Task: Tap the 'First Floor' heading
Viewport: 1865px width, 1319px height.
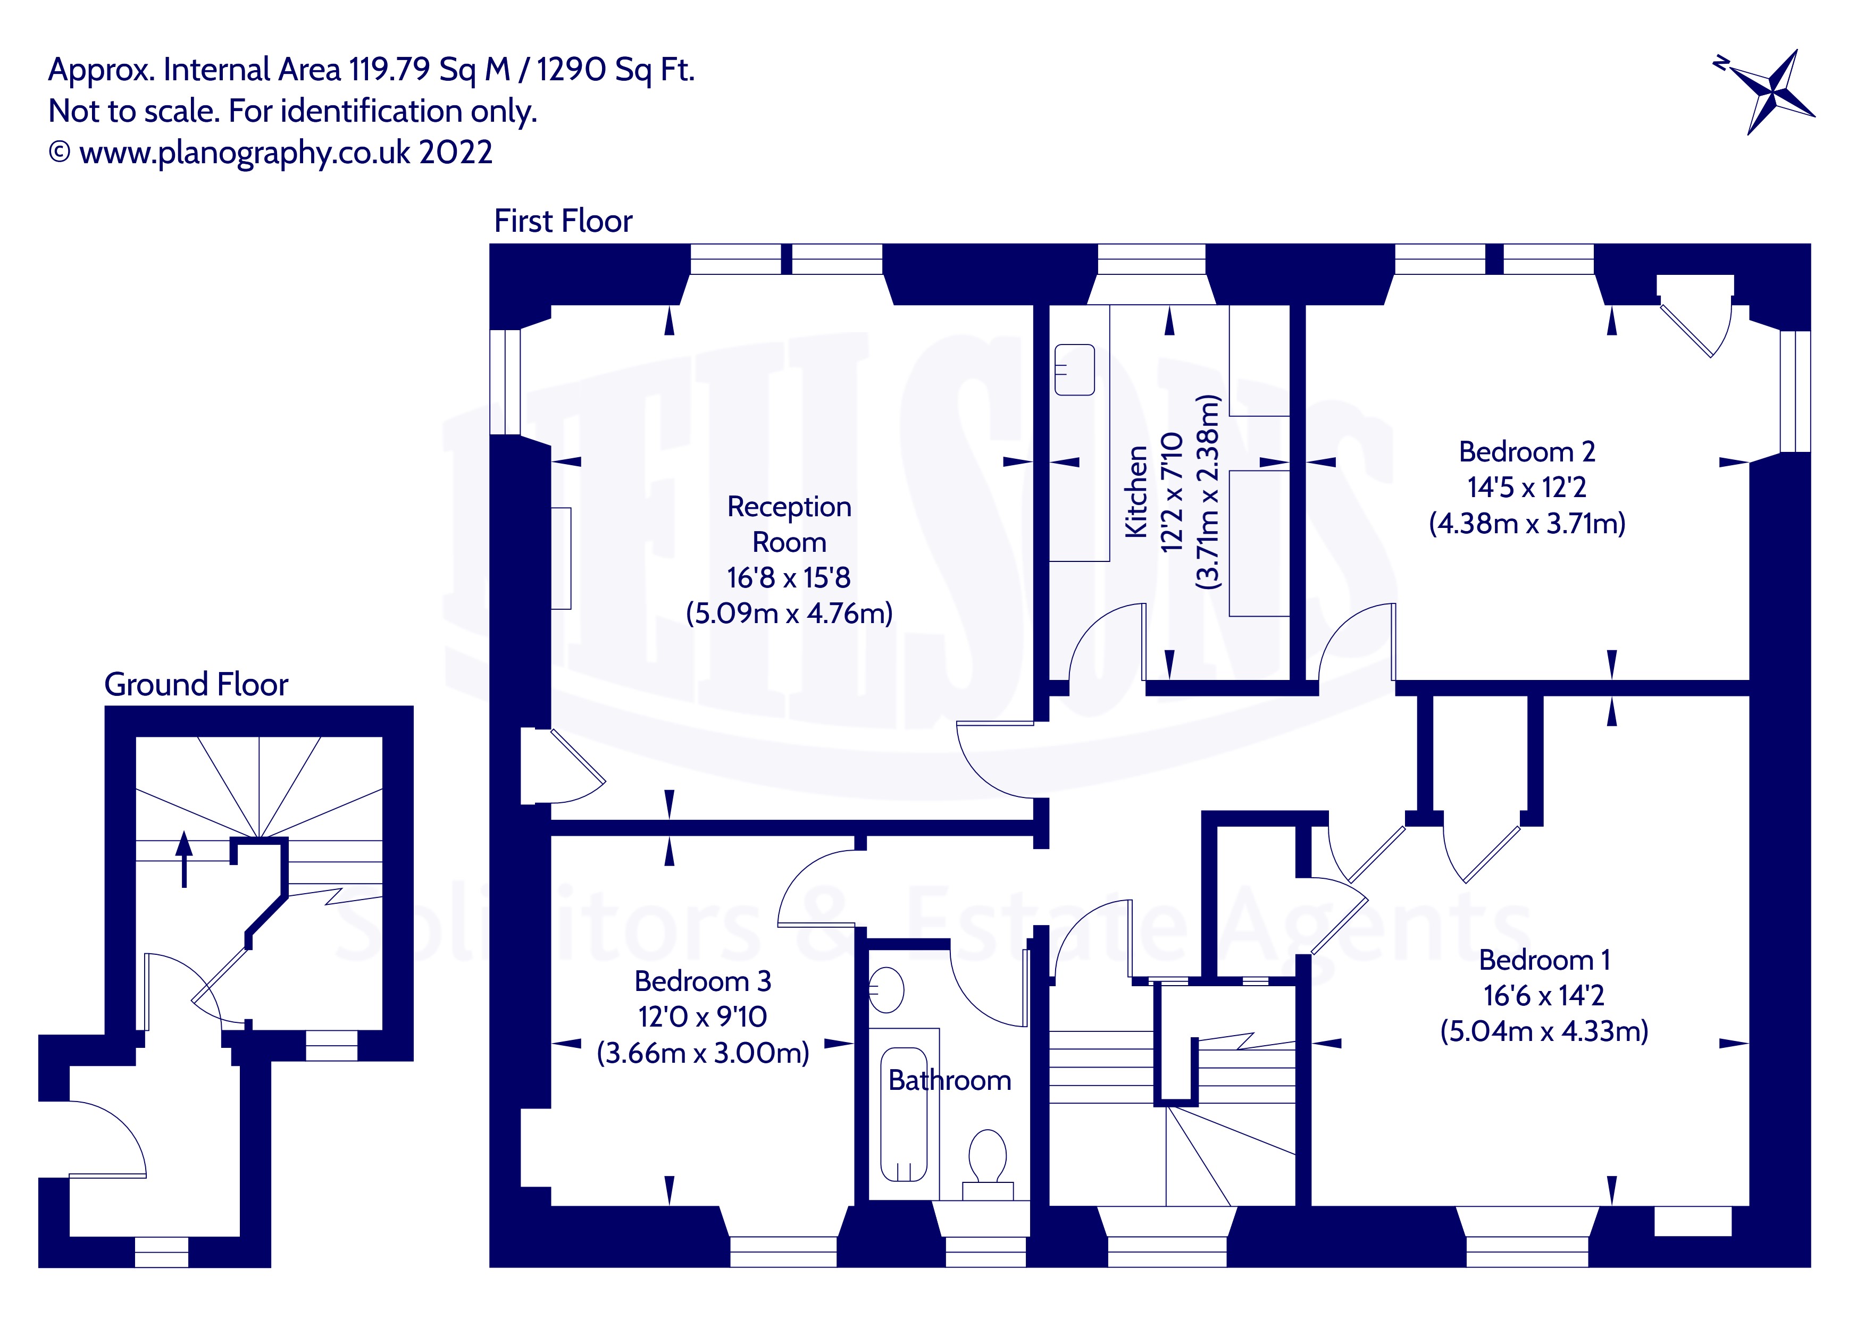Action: [563, 221]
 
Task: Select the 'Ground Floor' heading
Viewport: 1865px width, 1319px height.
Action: [196, 685]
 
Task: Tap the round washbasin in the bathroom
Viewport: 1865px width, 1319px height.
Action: [886, 990]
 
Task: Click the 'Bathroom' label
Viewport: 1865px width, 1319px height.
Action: [950, 1080]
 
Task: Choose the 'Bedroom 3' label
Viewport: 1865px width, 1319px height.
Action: [702, 981]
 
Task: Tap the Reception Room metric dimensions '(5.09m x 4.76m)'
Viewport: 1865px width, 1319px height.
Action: [789, 612]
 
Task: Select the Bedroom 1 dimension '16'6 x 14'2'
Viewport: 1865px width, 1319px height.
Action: [1543, 996]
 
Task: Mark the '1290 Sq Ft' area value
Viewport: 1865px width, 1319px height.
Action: [615, 70]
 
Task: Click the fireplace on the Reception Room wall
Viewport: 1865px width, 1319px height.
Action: [561, 558]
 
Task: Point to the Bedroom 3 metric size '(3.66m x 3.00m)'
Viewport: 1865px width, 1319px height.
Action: [702, 1053]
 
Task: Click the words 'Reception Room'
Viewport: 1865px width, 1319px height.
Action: [789, 524]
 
